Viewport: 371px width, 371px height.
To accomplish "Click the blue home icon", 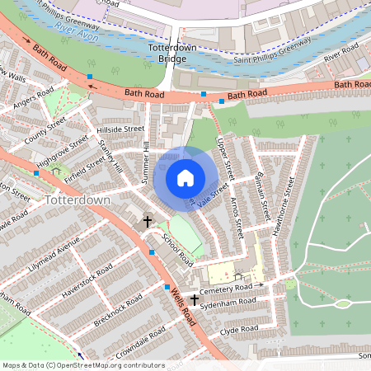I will click(x=185, y=177).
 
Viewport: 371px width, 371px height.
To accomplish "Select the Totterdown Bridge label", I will click(x=171, y=54).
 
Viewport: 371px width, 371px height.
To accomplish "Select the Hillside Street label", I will click(x=120, y=129).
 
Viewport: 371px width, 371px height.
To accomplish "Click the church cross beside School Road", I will click(x=148, y=221).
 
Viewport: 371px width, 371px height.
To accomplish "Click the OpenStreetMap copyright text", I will click(x=82, y=364).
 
